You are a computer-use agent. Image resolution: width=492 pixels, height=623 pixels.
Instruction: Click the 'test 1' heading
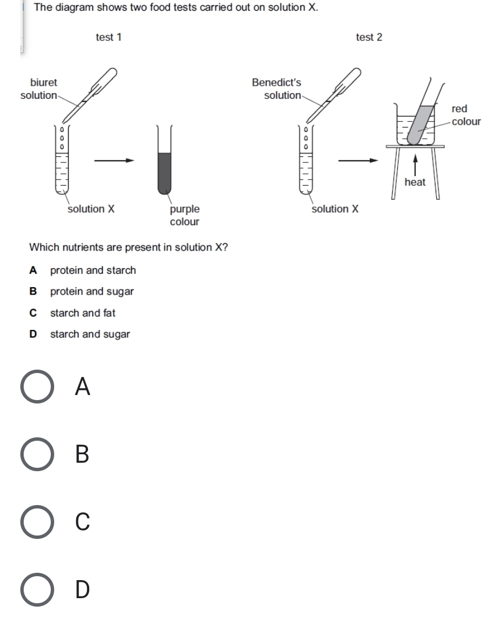108,37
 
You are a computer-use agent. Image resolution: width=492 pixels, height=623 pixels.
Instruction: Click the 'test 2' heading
369,37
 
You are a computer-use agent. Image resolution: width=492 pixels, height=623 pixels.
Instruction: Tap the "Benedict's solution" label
277,89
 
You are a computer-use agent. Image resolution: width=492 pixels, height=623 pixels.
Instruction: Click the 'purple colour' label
184,216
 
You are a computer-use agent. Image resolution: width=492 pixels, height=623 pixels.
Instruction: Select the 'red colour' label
466,115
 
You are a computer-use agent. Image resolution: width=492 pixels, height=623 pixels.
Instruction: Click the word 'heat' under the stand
415,182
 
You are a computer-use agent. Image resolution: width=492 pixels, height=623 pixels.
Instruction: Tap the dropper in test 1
90,94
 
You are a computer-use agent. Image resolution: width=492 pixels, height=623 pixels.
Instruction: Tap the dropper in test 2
333,94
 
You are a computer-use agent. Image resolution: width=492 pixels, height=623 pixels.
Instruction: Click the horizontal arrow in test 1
115,161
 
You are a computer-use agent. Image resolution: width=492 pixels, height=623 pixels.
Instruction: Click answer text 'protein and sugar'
92,292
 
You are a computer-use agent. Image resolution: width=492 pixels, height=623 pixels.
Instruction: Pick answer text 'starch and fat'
83,313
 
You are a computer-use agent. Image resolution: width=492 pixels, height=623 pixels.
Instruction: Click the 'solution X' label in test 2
335,209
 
